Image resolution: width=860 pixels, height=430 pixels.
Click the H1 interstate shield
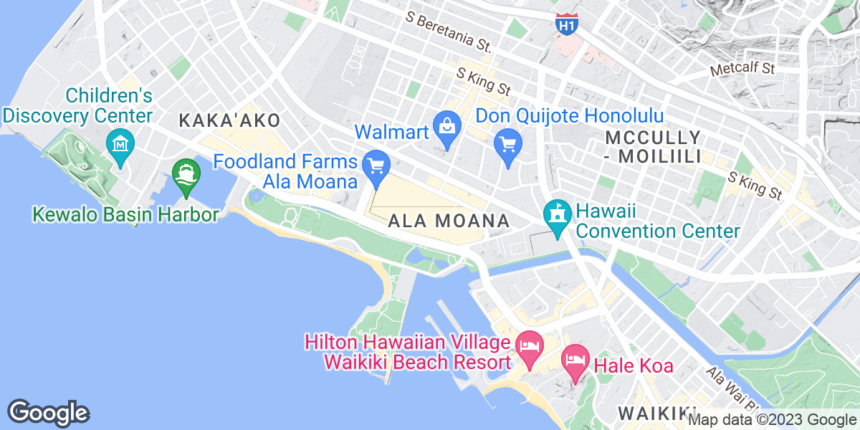click(566, 24)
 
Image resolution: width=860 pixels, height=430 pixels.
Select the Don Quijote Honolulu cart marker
click(507, 145)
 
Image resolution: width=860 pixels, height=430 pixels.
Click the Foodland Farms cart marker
click(376, 166)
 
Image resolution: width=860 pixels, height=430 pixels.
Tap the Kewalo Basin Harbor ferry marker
click(186, 174)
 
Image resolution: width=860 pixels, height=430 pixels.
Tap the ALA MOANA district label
click(449, 221)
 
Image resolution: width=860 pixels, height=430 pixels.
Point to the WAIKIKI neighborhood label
click(651, 414)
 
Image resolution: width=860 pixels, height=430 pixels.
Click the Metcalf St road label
click(744, 70)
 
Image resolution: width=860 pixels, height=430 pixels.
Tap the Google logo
click(49, 413)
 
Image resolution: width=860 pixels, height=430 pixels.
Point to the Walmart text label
click(392, 132)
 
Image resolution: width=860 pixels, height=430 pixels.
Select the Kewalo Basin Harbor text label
click(125, 214)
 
